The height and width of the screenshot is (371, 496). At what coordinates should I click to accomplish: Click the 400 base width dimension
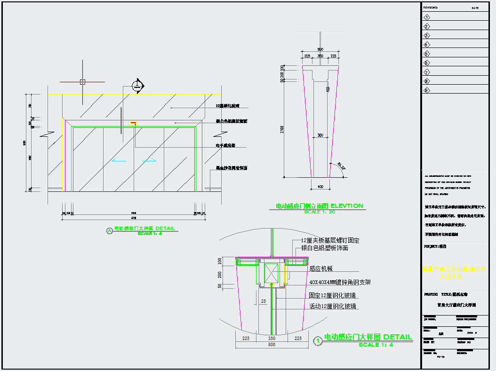click(x=320, y=187)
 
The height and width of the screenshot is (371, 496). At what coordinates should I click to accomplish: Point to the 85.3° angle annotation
click(x=341, y=166)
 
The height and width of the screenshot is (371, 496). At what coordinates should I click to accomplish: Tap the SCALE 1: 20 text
click(x=320, y=212)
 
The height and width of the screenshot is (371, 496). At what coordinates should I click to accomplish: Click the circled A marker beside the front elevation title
click(x=110, y=230)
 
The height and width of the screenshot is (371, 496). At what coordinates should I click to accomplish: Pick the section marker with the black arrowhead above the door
click(x=137, y=86)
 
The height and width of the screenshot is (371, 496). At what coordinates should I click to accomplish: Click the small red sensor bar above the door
click(x=134, y=122)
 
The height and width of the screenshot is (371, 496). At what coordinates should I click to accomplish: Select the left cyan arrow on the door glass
click(x=120, y=161)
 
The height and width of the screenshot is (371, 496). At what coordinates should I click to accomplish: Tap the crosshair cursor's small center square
click(x=82, y=81)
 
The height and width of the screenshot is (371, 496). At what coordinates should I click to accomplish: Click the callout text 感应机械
click(x=320, y=268)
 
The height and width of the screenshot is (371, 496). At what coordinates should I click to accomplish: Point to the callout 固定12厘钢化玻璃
click(x=332, y=296)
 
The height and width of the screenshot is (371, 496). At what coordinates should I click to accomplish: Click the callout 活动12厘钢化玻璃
click(x=332, y=306)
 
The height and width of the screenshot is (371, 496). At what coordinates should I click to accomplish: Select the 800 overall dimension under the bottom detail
click(x=272, y=345)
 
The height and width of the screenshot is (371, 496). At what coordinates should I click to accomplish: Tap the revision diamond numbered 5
click(x=427, y=54)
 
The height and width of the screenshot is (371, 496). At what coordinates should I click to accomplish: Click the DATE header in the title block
click(x=475, y=8)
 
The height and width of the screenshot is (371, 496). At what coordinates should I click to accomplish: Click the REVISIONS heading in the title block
click(x=431, y=8)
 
